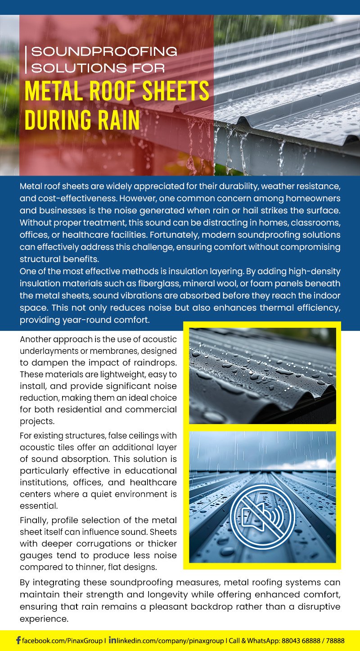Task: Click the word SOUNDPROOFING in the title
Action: coord(104,51)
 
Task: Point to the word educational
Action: coord(152,470)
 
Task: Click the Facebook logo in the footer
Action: coord(18,640)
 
